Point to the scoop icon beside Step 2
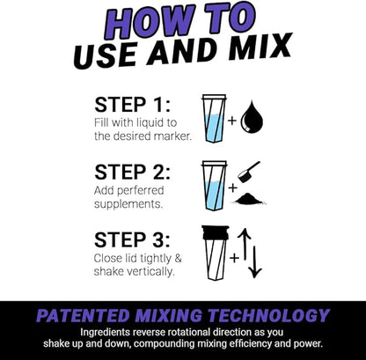252,170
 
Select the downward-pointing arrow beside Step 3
256,261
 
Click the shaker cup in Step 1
214,118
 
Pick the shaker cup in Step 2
214,185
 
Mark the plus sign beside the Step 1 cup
232,119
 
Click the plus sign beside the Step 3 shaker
234,258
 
